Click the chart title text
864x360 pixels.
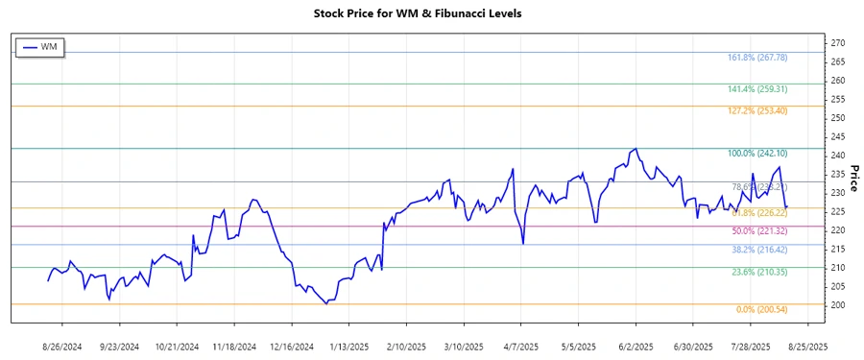pyautogui.click(x=431, y=13)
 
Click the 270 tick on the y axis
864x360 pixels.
pyautogui.click(x=838, y=43)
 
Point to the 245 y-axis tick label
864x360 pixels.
pyautogui.click(x=838, y=137)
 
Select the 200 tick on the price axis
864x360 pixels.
pyautogui.click(x=838, y=305)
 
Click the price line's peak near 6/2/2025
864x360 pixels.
pyautogui.click(x=635, y=149)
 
